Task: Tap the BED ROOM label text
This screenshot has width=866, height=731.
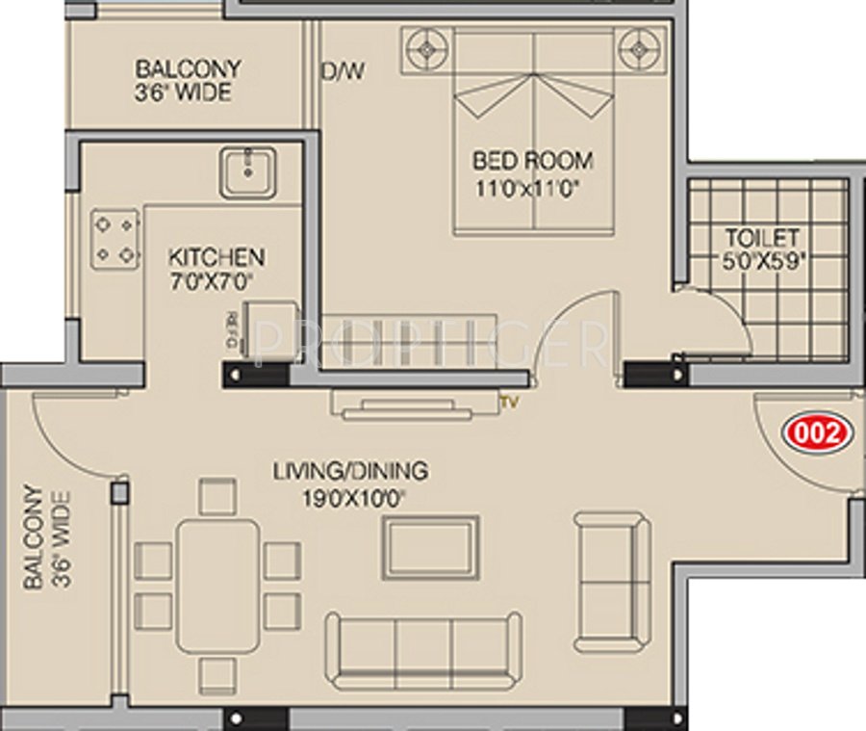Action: pos(532,160)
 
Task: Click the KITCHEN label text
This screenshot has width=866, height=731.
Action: pos(216,258)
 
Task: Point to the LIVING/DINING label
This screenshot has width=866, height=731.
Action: pos(350,472)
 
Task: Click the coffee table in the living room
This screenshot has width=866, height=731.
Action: pos(430,547)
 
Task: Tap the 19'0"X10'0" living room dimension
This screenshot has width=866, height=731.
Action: pos(350,497)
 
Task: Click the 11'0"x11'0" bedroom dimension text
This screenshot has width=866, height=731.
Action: pos(532,188)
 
